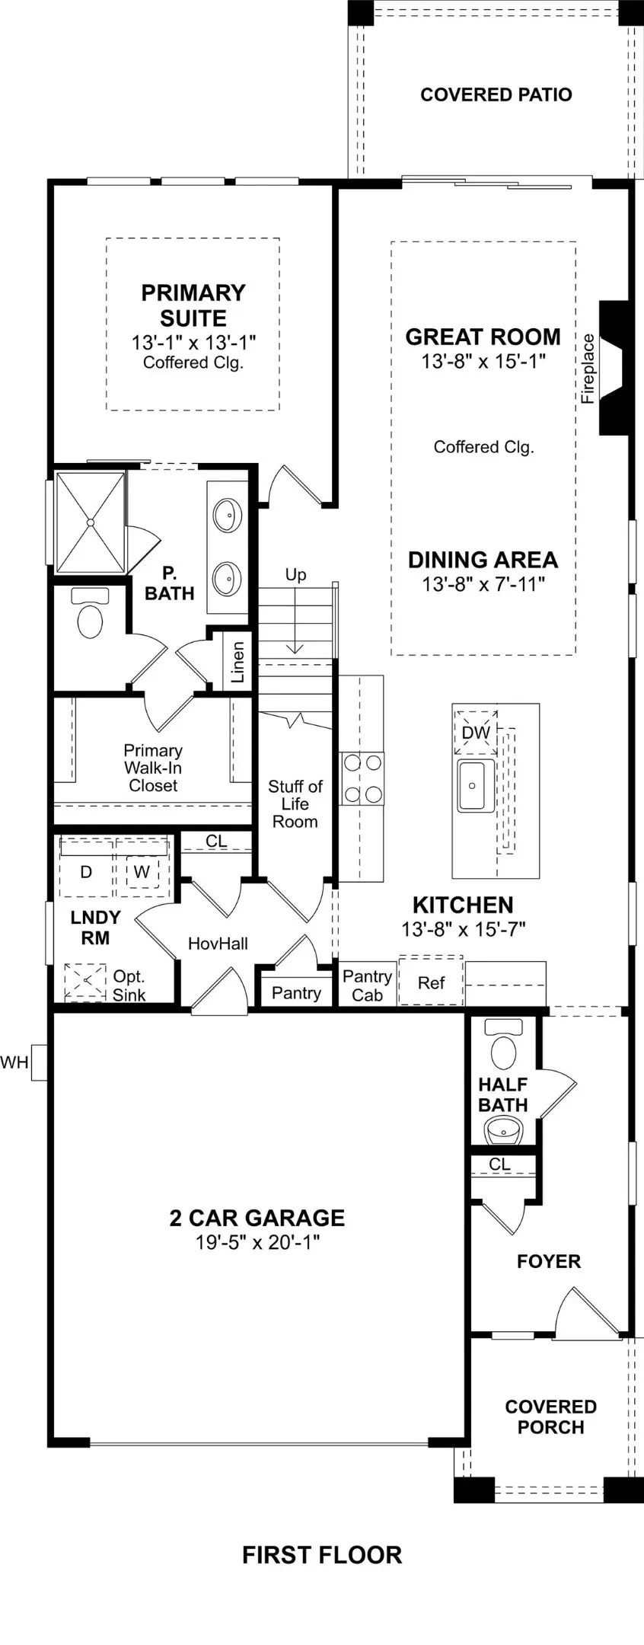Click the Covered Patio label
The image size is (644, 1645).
click(496, 95)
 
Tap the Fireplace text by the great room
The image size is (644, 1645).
click(588, 368)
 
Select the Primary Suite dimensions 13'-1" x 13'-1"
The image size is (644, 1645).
click(193, 343)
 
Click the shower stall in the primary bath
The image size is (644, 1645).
click(91, 522)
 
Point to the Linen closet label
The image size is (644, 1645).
click(238, 661)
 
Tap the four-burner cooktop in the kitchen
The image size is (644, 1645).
click(362, 778)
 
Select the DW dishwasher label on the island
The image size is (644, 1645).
click(476, 733)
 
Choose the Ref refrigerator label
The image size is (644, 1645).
click(431, 983)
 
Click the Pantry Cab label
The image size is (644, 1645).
click(367, 985)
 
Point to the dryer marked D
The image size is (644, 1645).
click(86, 871)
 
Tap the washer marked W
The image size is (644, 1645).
click(142, 871)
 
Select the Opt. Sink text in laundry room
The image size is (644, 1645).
click(129, 985)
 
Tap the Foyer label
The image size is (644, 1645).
click(548, 1262)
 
